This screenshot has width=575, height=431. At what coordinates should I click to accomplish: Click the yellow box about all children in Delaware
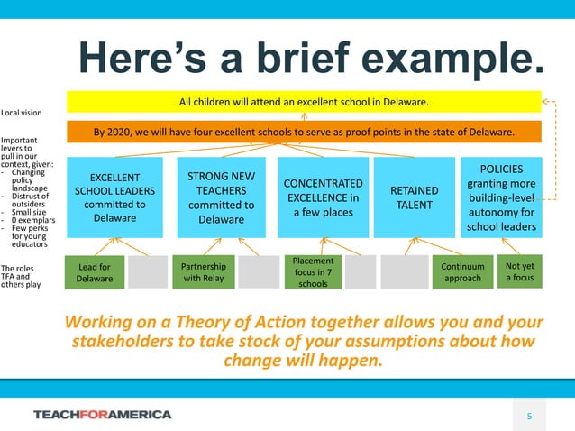point(303,102)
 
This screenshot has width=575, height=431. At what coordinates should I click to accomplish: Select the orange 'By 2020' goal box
point(303,132)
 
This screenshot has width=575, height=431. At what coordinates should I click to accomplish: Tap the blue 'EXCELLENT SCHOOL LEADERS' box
point(114,197)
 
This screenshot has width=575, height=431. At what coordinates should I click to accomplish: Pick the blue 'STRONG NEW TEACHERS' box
point(221,197)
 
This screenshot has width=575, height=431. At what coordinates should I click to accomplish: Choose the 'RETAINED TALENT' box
point(414,197)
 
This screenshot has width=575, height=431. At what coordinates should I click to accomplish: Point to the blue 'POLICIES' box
point(501,197)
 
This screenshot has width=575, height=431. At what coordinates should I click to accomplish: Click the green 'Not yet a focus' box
point(519,271)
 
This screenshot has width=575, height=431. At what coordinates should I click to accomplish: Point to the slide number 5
point(530,415)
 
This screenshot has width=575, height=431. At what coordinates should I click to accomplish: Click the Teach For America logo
point(102,415)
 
